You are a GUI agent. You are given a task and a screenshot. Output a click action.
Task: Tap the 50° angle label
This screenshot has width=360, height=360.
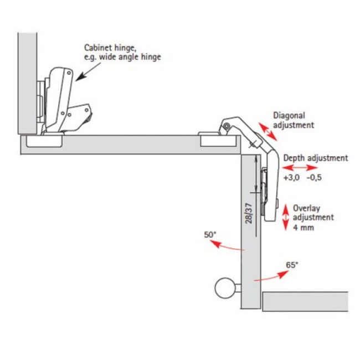[209, 235]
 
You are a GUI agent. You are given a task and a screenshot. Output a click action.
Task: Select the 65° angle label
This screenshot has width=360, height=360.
[292, 265]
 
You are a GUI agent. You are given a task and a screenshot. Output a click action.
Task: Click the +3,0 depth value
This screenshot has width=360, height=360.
[291, 178]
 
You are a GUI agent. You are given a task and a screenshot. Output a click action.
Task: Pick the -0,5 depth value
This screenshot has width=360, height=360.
[315, 178]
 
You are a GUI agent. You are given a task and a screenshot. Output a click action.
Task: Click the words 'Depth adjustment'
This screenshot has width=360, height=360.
[316, 158]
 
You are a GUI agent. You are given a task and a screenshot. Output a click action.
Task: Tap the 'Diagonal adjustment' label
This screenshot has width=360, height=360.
[294, 120]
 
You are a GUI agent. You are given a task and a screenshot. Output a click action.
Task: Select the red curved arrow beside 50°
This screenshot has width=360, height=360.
[227, 246]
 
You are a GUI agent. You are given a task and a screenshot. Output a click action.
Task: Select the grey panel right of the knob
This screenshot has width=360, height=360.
[305, 301]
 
